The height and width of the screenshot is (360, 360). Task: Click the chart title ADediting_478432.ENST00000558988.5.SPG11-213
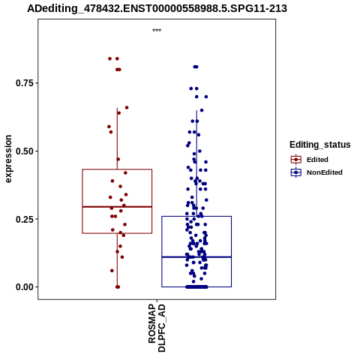pyautogui.click(x=157, y=8)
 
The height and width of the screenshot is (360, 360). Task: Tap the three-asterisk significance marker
pyautogui.click(x=157, y=31)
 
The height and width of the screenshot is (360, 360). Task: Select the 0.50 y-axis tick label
pyautogui.click(x=25, y=151)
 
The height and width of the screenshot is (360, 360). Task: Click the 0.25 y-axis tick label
pyautogui.click(x=25, y=219)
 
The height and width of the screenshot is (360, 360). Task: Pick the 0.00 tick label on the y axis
pyautogui.click(x=25, y=287)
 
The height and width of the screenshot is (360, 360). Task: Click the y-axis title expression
pyautogui.click(x=8, y=159)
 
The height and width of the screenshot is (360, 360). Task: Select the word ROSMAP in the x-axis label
pyautogui.click(x=152, y=324)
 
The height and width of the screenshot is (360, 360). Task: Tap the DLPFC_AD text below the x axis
pyautogui.click(x=162, y=328)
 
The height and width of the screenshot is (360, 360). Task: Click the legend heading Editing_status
pyautogui.click(x=320, y=145)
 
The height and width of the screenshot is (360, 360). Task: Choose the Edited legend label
pyautogui.click(x=317, y=160)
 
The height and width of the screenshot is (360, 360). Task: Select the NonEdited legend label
pyautogui.click(x=325, y=172)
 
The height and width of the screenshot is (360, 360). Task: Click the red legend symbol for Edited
pyautogui.click(x=296, y=159)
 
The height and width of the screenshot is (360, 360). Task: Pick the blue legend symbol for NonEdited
pyautogui.click(x=296, y=172)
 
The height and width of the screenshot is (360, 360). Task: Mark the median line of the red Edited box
pyautogui.click(x=117, y=207)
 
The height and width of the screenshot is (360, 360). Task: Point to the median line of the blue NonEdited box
pyautogui.click(x=196, y=257)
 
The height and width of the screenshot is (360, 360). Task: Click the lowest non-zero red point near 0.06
pyautogui.click(x=112, y=271)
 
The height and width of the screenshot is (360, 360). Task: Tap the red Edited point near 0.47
pyautogui.click(x=118, y=159)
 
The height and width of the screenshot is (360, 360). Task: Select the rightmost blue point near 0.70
pyautogui.click(x=206, y=97)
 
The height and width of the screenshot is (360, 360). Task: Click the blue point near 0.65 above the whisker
pyautogui.click(x=202, y=110)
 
